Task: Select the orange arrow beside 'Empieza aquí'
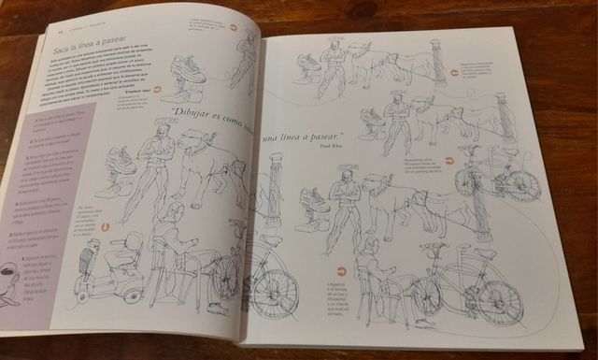click(157, 90)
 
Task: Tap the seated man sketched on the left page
click(173, 252)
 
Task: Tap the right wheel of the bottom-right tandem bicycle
click(500, 301)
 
